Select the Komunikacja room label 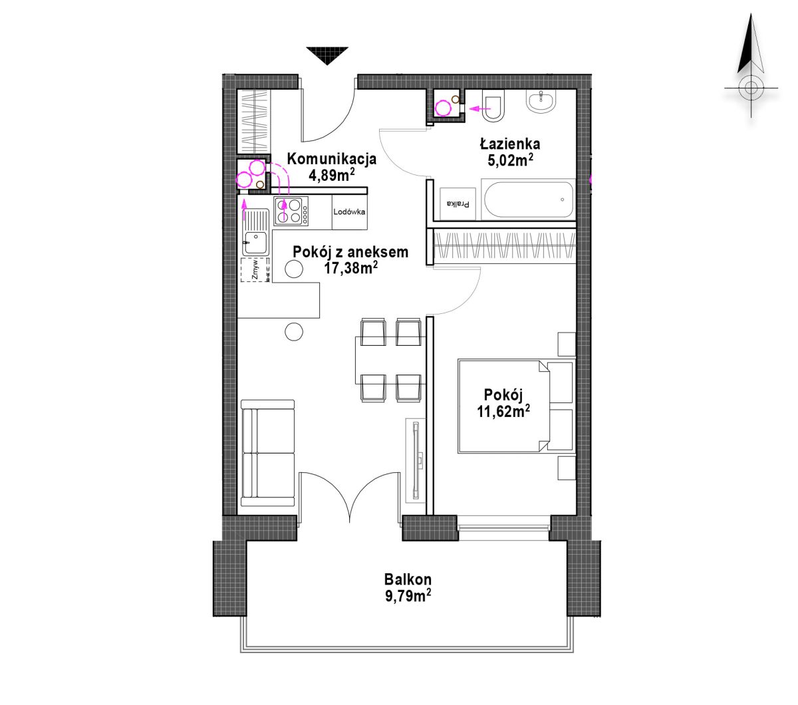click(332, 159)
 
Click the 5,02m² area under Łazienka click(511, 160)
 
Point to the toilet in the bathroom click(493, 105)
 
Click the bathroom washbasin click(541, 102)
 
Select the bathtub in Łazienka click(528, 199)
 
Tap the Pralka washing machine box click(458, 204)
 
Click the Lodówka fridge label click(349, 211)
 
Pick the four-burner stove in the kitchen click(291, 211)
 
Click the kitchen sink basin click(255, 241)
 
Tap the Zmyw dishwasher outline click(255, 270)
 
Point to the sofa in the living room click(267, 453)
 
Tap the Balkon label click(408, 580)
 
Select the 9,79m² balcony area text click(408, 596)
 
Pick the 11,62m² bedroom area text click(503, 412)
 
